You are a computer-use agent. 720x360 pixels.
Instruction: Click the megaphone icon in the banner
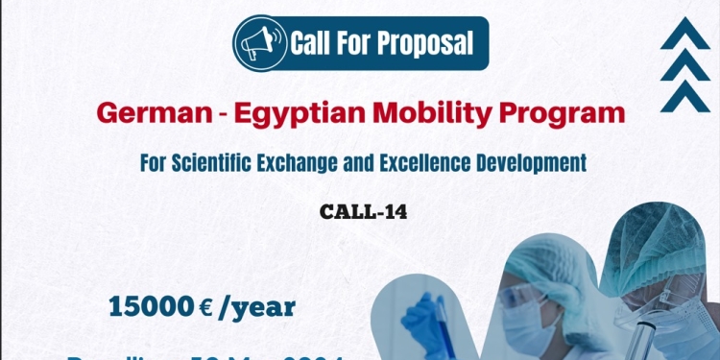[x=261, y=43]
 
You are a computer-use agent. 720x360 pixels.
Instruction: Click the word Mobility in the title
[x=444, y=114]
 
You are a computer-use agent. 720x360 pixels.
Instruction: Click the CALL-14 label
[x=364, y=212]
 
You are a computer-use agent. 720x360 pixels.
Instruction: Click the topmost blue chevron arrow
[x=684, y=36]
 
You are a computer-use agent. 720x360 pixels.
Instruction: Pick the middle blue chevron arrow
[x=684, y=65]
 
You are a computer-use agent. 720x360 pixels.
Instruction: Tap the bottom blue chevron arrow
[x=684, y=95]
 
